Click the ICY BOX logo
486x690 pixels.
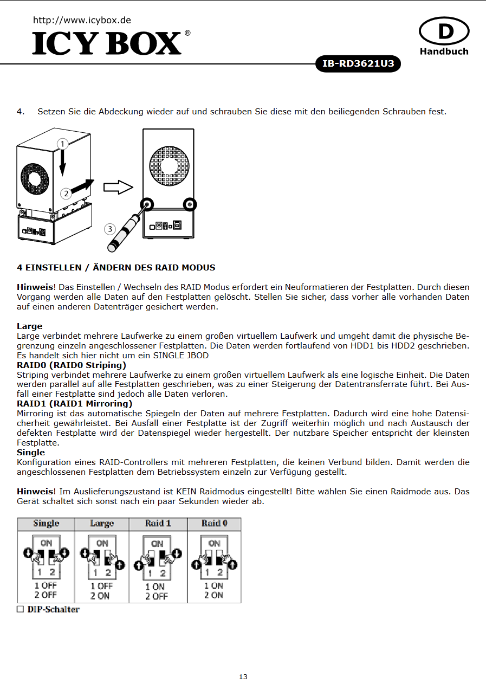coord(107,43)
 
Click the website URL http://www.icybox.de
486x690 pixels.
coord(82,20)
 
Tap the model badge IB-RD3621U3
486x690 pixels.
coord(358,64)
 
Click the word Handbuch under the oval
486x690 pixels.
coord(444,51)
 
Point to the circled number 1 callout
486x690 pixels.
coord(63,144)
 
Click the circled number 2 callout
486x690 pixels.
coord(66,193)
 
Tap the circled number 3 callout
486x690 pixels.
coord(110,229)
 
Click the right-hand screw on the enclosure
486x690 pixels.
coord(190,204)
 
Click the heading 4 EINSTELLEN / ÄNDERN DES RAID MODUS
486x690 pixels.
coord(116,267)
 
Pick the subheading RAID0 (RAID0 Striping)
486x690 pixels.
coord(72,365)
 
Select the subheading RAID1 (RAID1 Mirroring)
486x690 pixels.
coord(74,403)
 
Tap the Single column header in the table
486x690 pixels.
coord(46,524)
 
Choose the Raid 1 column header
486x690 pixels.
coord(158,524)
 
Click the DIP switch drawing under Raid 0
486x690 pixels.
coord(215,557)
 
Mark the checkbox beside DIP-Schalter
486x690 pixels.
coord(21,609)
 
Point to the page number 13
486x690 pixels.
coord(243,677)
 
